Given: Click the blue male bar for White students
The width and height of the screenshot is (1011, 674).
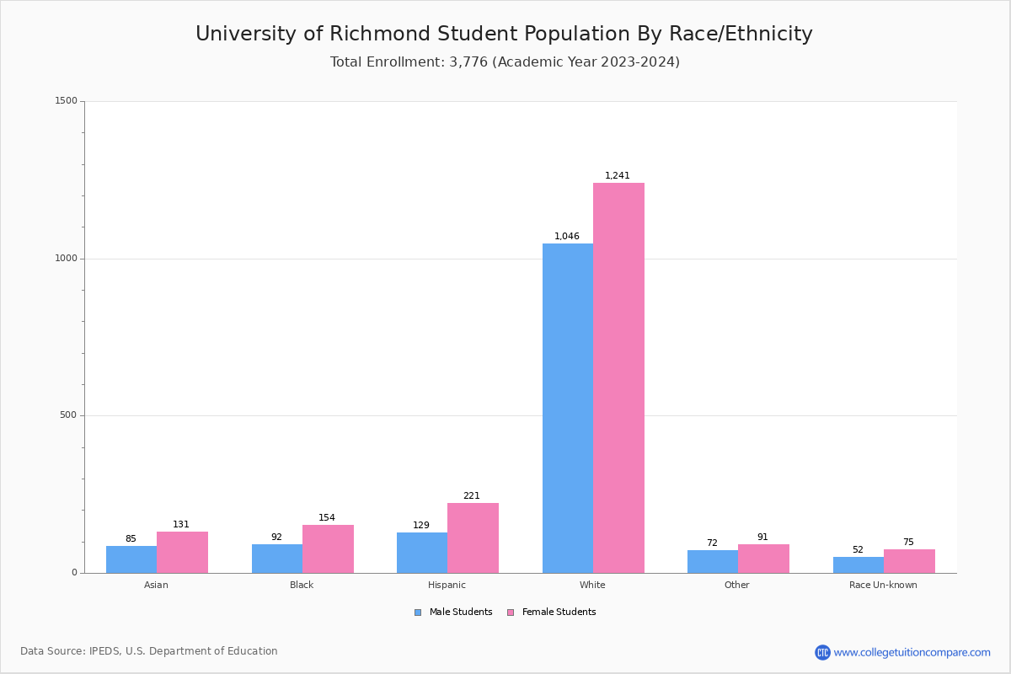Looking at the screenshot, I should coord(567,408).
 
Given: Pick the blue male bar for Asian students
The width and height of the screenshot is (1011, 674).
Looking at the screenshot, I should coord(131,559).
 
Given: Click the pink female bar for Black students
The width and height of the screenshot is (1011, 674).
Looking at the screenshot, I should coord(328,548).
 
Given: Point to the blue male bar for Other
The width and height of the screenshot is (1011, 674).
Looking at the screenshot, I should coord(713,561).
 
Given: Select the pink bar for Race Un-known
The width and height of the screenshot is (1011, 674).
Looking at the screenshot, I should coord(909,561).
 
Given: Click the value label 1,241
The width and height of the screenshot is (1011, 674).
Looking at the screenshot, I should coord(618,176).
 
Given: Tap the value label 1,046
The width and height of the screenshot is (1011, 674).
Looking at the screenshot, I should coord(567,237).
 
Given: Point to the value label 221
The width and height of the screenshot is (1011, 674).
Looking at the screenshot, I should coord(472,496).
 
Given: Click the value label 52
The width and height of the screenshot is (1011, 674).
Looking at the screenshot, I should coord(858,550).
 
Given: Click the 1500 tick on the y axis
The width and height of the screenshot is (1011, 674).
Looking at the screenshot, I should coord(66,101).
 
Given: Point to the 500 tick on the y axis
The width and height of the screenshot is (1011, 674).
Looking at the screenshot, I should coord(68,415).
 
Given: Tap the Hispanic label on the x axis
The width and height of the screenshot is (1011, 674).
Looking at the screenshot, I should coord(447,585).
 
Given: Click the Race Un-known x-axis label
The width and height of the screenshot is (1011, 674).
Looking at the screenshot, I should coord(883,585).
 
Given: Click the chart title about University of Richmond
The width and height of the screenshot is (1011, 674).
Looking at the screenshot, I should coord(504,34).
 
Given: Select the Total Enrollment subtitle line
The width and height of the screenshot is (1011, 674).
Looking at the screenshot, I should coord(505,62).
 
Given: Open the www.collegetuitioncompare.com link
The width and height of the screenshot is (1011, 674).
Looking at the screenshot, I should coord(912,652).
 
